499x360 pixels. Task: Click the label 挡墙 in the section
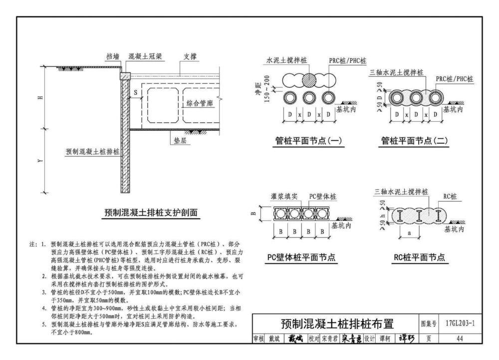point(113,57)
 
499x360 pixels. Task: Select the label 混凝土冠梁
point(145,57)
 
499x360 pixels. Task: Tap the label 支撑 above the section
point(191,57)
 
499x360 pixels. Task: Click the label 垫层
point(180,141)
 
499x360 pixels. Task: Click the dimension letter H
point(46,97)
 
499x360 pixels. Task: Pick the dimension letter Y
point(46,161)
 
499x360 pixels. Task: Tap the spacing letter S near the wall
point(135,92)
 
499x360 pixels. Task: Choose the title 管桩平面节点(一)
point(309,141)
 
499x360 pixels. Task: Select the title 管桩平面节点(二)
point(412,141)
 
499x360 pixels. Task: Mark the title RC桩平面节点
point(419,258)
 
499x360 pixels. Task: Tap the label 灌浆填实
point(285,196)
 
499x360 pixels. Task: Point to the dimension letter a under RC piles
point(410,233)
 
